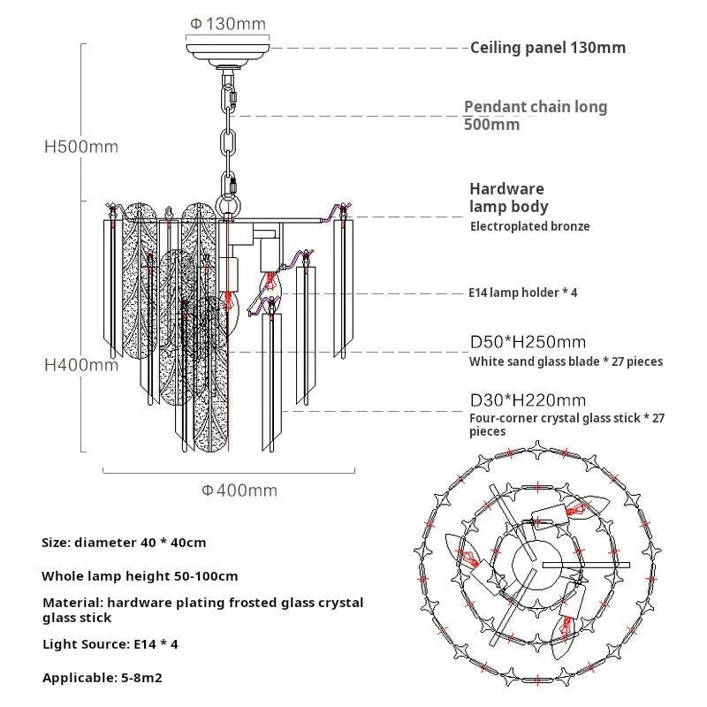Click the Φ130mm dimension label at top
click(228, 23)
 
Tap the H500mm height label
click(81, 147)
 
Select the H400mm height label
click(81, 363)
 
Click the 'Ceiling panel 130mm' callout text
click(547, 48)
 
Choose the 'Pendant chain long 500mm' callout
click(536, 115)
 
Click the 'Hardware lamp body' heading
click(508, 197)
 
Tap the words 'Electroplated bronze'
click(529, 226)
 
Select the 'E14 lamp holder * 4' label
click(523, 292)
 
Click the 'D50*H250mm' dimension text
click(528, 341)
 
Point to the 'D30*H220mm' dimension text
click(528, 401)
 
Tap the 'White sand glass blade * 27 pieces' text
click(566, 361)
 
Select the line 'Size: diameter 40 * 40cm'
click(124, 542)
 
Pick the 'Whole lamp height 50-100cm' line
click(140, 576)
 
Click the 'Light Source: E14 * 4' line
click(110, 644)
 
